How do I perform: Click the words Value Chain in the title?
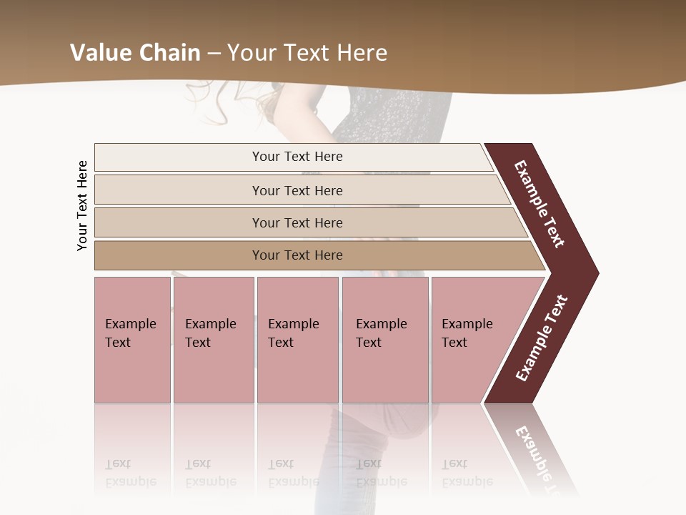pyautogui.click(x=135, y=52)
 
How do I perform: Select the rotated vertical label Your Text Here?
pyautogui.click(x=82, y=205)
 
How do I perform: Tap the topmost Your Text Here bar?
pyautogui.click(x=297, y=157)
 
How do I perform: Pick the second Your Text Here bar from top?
pyautogui.click(x=297, y=190)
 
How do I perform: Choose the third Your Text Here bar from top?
pyautogui.click(x=297, y=222)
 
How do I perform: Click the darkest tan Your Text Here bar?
pyautogui.click(x=297, y=255)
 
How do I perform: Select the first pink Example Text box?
pyautogui.click(x=132, y=340)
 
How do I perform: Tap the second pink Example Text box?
pyautogui.click(x=213, y=340)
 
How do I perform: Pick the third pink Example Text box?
pyautogui.click(x=297, y=340)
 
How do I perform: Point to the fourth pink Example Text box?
pyautogui.click(x=384, y=340)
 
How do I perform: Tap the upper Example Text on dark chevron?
pyautogui.click(x=540, y=204)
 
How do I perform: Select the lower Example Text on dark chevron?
pyautogui.click(x=542, y=338)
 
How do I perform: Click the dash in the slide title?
pyautogui.click(x=214, y=52)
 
